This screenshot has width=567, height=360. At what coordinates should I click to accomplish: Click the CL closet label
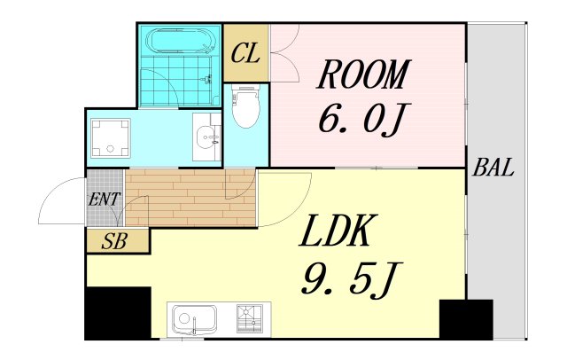click(245, 54)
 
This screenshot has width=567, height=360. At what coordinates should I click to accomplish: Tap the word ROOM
click(363, 74)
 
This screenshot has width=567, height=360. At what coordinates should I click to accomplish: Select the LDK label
click(335, 231)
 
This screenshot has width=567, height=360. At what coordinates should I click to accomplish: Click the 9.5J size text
click(346, 278)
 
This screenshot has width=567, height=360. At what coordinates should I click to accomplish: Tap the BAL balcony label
click(493, 168)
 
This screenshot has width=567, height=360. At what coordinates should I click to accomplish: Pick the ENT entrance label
click(105, 200)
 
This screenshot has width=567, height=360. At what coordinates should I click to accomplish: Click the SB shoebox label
click(114, 241)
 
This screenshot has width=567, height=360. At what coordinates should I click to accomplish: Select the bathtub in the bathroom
click(179, 42)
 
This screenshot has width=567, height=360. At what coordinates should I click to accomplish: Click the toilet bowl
click(246, 106)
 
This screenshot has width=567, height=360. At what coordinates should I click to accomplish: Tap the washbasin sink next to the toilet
click(206, 137)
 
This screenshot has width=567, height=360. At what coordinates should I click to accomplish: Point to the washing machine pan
click(110, 137)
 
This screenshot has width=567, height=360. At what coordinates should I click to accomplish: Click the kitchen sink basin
click(194, 320)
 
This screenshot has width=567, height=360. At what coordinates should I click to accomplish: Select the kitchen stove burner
click(250, 318)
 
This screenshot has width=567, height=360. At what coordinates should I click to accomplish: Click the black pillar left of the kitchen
click(118, 313)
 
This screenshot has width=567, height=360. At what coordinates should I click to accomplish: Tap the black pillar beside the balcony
click(466, 319)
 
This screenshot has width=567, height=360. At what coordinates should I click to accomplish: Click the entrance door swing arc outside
click(51, 192)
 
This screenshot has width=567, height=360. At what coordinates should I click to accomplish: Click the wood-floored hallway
click(190, 198)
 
